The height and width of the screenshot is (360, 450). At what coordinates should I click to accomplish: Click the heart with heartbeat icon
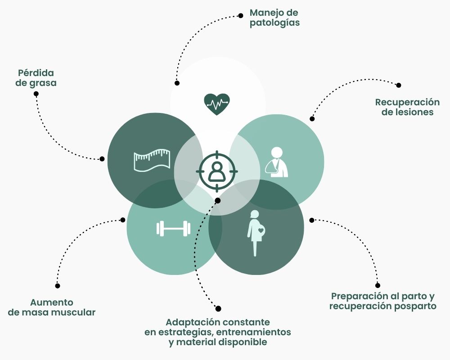click(x=217, y=104)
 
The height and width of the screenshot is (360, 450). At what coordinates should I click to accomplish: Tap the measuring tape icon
click(x=151, y=160)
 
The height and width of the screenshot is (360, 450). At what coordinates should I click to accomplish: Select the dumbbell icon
click(x=173, y=229)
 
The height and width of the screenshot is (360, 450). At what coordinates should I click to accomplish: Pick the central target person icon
click(x=217, y=171)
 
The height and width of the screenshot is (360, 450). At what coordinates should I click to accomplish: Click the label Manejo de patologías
click(x=274, y=17)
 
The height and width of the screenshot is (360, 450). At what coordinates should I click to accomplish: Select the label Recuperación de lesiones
click(x=407, y=107)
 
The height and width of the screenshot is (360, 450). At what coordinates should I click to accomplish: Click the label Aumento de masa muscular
click(x=52, y=307)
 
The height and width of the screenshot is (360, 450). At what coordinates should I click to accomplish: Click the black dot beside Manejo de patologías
click(x=241, y=15)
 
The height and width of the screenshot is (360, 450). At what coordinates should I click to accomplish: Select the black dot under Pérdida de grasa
click(x=36, y=94)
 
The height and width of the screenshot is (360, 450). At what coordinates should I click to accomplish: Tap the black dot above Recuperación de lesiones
click(x=398, y=85)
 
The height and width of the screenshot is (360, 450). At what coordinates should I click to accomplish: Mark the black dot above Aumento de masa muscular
click(x=57, y=285)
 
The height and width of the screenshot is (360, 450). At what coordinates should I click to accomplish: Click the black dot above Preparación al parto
click(x=378, y=285)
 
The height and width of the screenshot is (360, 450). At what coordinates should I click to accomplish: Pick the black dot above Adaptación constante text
click(x=218, y=309)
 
